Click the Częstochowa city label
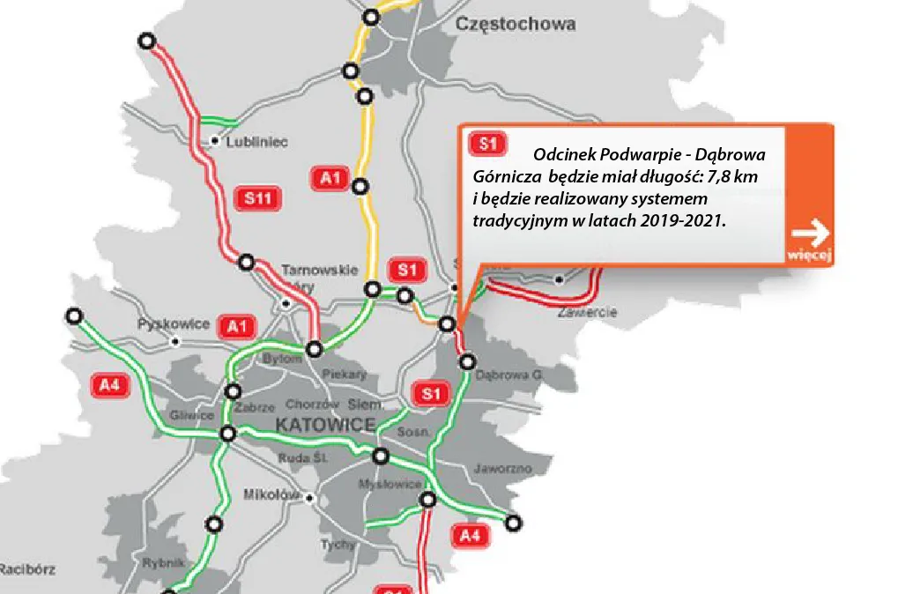point(515,25)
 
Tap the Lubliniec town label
point(257,141)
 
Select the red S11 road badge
point(257,199)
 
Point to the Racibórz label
point(26,569)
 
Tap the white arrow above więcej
point(810,234)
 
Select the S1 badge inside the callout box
point(486,144)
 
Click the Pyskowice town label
point(174,324)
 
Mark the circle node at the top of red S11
point(147,41)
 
